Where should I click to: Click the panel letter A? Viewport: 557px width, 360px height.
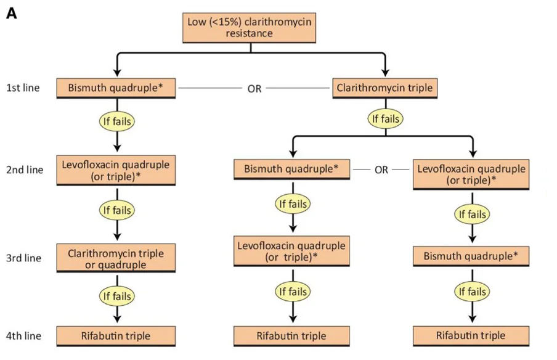pos(11,14)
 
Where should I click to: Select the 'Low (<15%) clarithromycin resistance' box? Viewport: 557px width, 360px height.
pos(249,28)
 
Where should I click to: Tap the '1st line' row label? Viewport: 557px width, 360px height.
pos(23,88)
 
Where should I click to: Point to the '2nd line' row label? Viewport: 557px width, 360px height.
pos(25,170)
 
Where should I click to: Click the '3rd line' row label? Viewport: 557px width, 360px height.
pos(23,258)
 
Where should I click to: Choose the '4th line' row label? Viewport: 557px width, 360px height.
pos(23,336)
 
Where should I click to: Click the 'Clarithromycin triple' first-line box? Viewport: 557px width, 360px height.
pos(384,88)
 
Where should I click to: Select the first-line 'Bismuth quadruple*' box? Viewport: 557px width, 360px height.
pos(116,88)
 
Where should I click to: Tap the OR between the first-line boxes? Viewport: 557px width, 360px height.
pos(254,89)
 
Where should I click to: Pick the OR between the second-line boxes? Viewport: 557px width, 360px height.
pos(381,170)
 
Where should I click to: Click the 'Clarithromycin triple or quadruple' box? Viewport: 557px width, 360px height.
pos(116,258)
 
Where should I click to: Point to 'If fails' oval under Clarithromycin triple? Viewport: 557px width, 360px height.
pos(386,118)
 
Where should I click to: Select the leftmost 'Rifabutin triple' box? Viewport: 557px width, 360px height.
pos(116,336)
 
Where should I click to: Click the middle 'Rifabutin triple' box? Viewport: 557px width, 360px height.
pos(291,336)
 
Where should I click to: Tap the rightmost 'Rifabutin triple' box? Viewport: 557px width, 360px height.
pos(471,336)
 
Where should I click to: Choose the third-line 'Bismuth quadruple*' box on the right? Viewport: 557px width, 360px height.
pos(471,256)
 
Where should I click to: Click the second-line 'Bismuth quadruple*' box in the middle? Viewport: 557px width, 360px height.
pos(291,169)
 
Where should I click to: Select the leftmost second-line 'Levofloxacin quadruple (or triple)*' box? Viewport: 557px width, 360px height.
pos(116,171)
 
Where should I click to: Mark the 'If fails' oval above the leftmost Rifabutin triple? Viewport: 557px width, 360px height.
pos(117,296)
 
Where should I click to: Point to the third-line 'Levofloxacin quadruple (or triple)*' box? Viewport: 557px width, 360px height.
pos(291,252)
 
